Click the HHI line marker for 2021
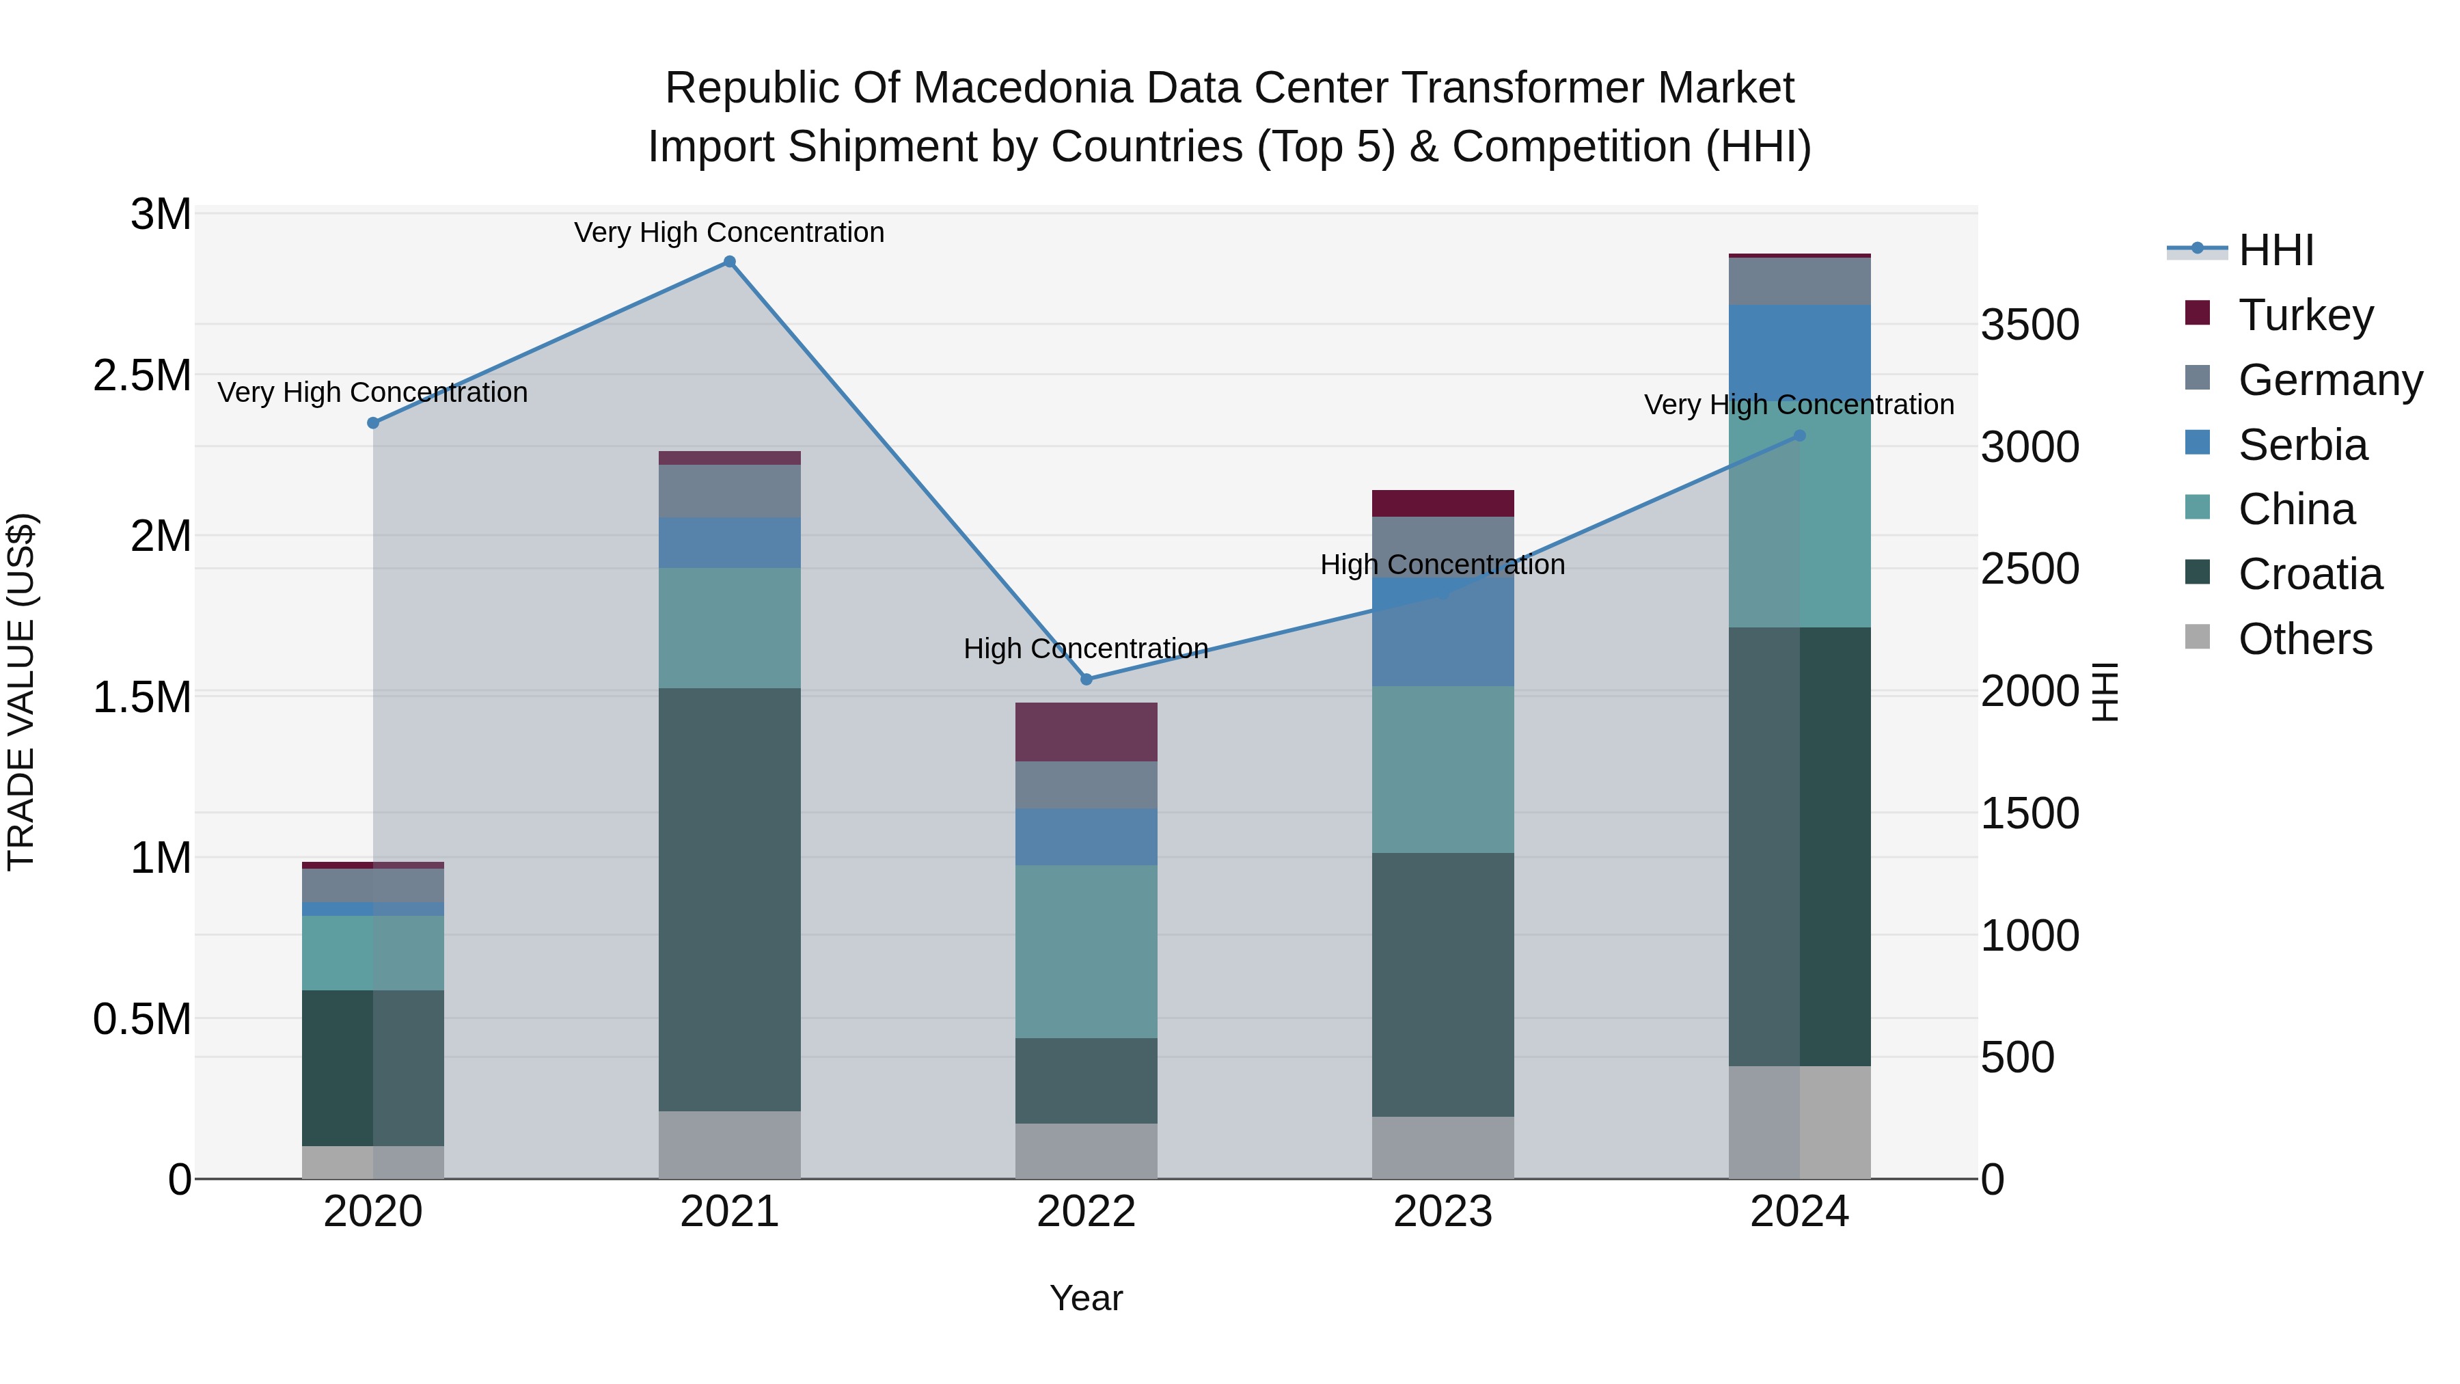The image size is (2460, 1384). coord(730,262)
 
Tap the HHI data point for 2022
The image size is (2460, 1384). coord(1086,679)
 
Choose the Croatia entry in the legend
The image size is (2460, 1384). coord(2309,574)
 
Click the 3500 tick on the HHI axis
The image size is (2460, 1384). coord(2029,325)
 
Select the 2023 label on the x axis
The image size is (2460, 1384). coord(1442,1212)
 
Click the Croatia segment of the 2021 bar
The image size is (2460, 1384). coord(730,898)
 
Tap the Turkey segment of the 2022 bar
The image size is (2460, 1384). coord(1086,731)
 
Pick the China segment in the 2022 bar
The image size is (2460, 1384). coord(1086,951)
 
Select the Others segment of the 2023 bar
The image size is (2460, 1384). coord(1442,1146)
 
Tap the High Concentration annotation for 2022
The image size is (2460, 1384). coord(1086,649)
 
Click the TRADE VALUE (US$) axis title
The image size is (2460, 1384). coord(21,692)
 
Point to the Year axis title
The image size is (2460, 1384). coord(1086,1298)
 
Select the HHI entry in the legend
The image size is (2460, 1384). coord(2275,250)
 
